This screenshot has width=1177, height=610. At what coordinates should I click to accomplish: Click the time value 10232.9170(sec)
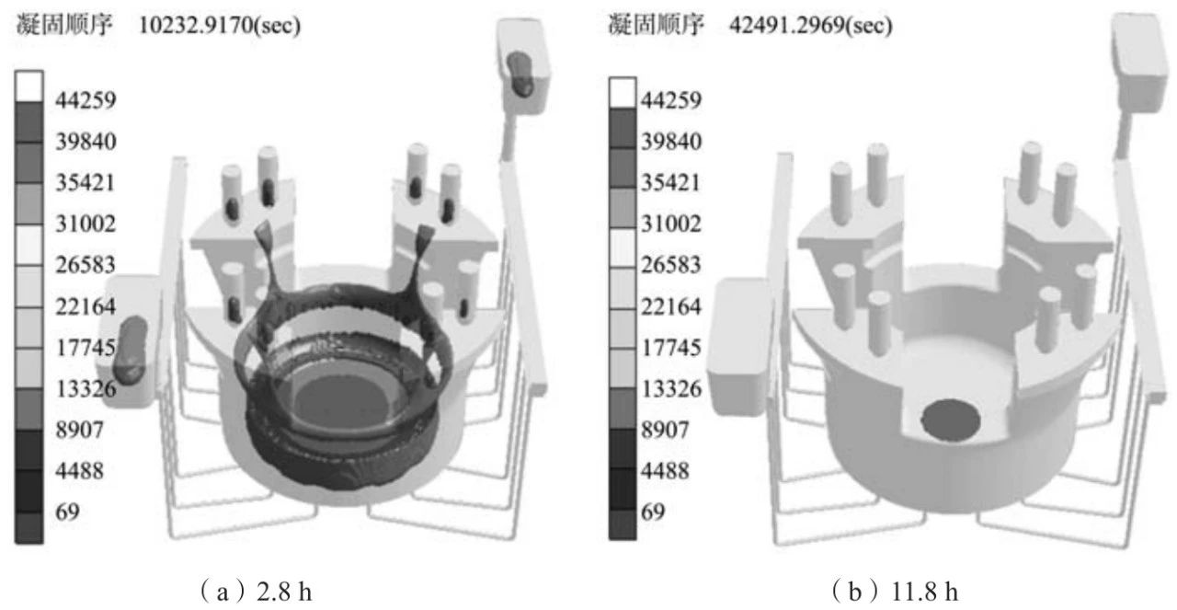click(x=220, y=25)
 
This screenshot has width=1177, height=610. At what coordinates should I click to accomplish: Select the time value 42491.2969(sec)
click(x=811, y=25)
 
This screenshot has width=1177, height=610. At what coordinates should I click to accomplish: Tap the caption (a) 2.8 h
click(x=257, y=592)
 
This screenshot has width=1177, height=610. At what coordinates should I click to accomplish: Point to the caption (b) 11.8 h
click(x=896, y=592)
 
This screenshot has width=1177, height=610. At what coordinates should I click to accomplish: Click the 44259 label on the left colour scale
click(x=86, y=100)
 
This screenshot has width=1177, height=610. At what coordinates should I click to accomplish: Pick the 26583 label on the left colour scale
click(x=86, y=264)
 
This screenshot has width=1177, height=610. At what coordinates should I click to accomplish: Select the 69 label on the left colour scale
click(x=67, y=512)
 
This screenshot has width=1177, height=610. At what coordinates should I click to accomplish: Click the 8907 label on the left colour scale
click(x=79, y=430)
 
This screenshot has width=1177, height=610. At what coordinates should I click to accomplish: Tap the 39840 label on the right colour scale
click(x=671, y=142)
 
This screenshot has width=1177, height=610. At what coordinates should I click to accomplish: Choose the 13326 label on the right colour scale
click(x=671, y=388)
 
